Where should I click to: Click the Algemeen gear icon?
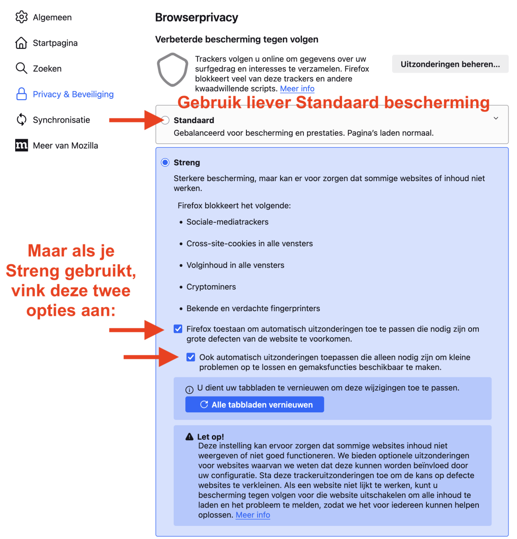21,17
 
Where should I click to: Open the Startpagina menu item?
55,43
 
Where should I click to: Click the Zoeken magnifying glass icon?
21,68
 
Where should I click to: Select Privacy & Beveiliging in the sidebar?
73,94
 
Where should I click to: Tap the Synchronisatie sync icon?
21,120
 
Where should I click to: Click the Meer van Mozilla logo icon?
21,146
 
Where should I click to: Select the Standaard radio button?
165,120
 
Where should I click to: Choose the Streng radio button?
165,163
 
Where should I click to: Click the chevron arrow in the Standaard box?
496,119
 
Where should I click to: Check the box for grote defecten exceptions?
178,329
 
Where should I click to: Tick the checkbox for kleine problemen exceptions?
191,358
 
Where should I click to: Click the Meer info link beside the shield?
297,89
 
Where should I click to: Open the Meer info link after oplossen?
253,515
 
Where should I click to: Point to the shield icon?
172,70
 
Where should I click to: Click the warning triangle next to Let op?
190,437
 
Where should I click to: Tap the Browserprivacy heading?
197,18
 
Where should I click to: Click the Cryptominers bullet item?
211,287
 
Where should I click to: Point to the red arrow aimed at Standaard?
132,120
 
